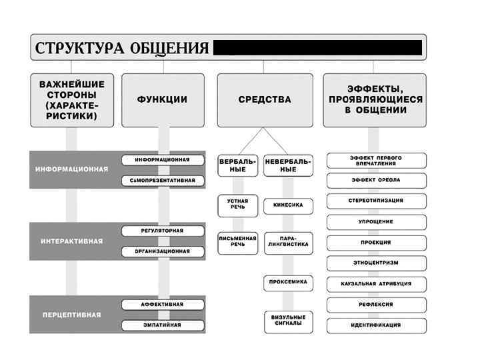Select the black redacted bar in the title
(317, 48)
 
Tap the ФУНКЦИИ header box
(162, 100)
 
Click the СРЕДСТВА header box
(265, 100)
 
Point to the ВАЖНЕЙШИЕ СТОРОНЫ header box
(72, 100)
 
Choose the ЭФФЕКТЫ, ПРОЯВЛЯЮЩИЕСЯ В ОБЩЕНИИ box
(375, 100)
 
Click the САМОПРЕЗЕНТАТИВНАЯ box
(162, 181)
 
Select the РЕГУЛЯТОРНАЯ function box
(162, 231)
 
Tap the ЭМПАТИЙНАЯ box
(162, 325)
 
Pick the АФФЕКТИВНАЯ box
(162, 304)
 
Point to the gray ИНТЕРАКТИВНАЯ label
(72, 241)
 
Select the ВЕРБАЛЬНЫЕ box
(238, 165)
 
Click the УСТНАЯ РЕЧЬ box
(238, 205)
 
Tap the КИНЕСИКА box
(288, 205)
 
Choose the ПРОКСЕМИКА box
(288, 282)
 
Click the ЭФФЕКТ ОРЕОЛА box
(376, 180)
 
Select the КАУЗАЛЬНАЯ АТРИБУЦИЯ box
(376, 284)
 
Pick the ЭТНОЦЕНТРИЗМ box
(376, 263)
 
